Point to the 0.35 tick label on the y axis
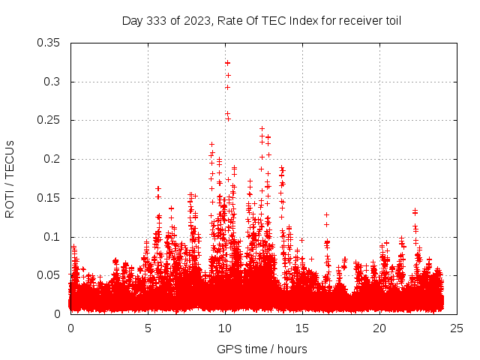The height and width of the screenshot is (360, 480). pyautogui.click(x=49, y=43)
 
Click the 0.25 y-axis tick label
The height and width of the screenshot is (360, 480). pyautogui.click(x=49, y=120)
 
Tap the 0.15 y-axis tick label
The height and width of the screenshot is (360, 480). pyautogui.click(x=49, y=198)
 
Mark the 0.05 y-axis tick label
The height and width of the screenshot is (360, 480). pyautogui.click(x=49, y=275)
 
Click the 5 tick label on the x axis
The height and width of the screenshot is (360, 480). pyautogui.click(x=148, y=328)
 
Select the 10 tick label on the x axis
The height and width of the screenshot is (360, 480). pyautogui.click(x=225, y=328)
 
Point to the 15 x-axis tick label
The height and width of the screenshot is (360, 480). pyautogui.click(x=302, y=328)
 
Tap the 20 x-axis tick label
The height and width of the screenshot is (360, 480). pyautogui.click(x=379, y=328)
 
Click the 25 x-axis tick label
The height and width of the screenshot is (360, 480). pyautogui.click(x=457, y=328)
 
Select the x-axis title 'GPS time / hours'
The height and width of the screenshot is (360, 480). pyautogui.click(x=262, y=349)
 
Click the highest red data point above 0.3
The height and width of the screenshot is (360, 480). pyautogui.click(x=227, y=63)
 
